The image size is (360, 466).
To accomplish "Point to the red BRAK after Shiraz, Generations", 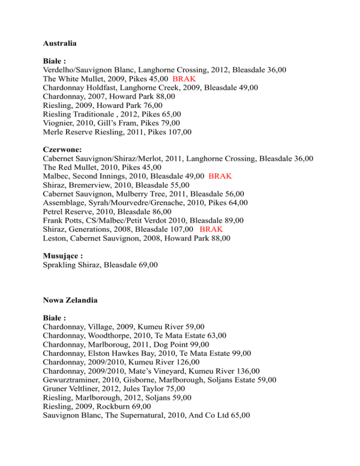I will [211, 229].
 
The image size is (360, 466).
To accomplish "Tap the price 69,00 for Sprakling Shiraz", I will [146, 265].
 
